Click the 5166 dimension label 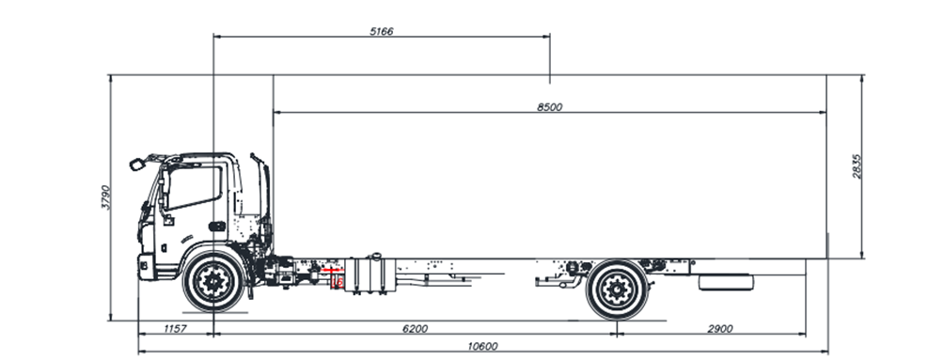(x=381, y=31)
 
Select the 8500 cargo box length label (x=549, y=107)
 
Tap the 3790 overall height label (x=105, y=197)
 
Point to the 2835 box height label (x=857, y=166)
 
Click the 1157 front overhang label (x=174, y=329)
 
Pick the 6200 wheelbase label (x=415, y=329)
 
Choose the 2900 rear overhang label (x=719, y=329)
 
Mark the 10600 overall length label (x=482, y=347)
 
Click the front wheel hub (x=213, y=282)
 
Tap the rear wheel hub (x=618, y=290)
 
